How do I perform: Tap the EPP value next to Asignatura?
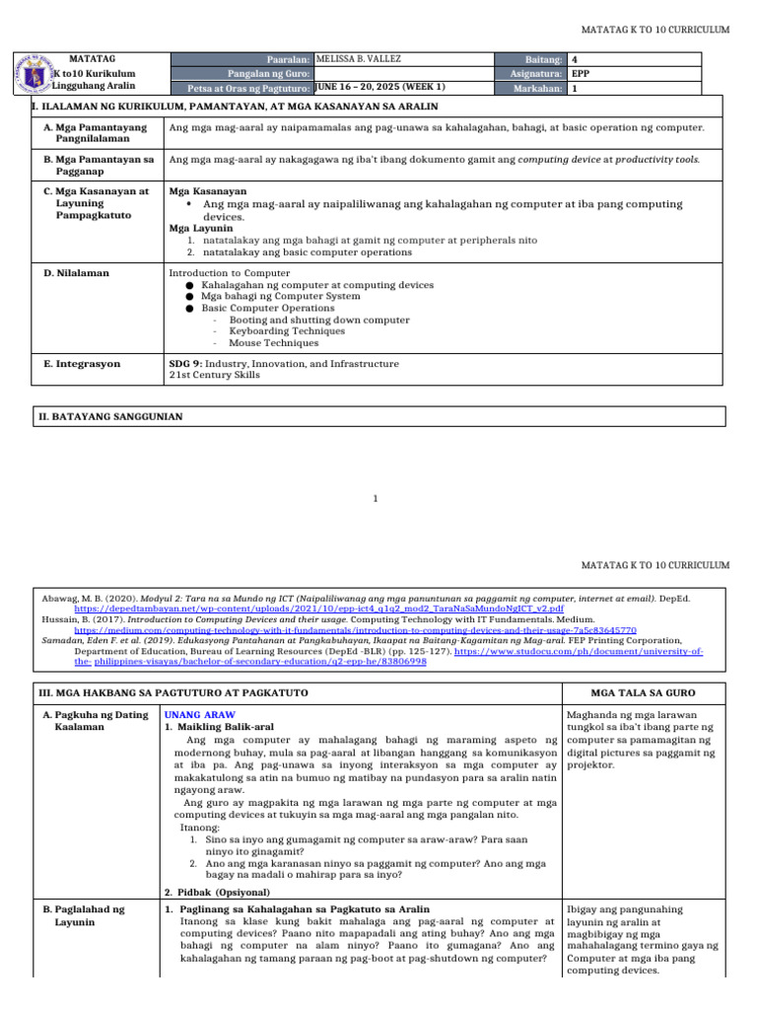tap(582, 74)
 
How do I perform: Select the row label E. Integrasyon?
tap(82, 364)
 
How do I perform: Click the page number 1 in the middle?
tap(375, 498)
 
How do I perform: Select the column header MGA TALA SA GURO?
tap(642, 693)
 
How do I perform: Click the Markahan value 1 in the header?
tap(575, 88)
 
